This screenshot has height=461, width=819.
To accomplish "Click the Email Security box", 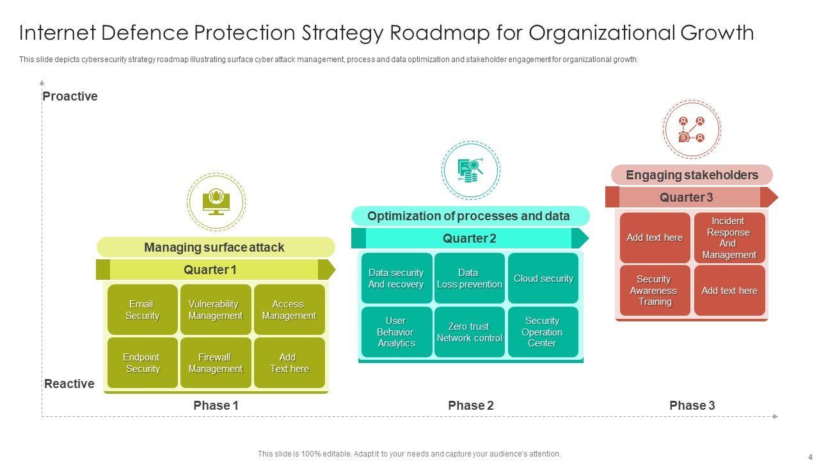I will (142, 310).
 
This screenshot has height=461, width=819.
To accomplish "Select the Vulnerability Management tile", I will (216, 310).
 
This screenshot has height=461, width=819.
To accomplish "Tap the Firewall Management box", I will (216, 363).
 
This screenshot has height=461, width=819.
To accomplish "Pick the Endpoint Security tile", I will (142, 363).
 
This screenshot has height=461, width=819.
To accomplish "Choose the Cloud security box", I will (543, 279).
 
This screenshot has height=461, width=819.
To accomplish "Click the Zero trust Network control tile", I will (470, 332).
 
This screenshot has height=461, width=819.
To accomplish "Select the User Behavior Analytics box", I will (396, 332).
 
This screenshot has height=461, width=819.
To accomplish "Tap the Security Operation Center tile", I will (543, 332).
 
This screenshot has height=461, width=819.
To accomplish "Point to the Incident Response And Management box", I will (729, 238).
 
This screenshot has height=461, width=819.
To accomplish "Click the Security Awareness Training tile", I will (655, 291).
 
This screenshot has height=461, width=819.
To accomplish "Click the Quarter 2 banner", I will (470, 238).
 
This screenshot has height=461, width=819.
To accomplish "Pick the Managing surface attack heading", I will (215, 247).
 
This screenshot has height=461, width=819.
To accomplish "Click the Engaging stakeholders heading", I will (692, 175).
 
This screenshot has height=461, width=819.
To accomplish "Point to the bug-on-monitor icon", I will (216, 201).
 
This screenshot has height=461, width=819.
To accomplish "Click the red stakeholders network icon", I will (692, 129).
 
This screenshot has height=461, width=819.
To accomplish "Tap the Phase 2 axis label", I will (471, 405).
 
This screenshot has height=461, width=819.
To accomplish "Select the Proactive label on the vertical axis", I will (70, 97).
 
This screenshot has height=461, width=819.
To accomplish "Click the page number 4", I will (809, 457).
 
